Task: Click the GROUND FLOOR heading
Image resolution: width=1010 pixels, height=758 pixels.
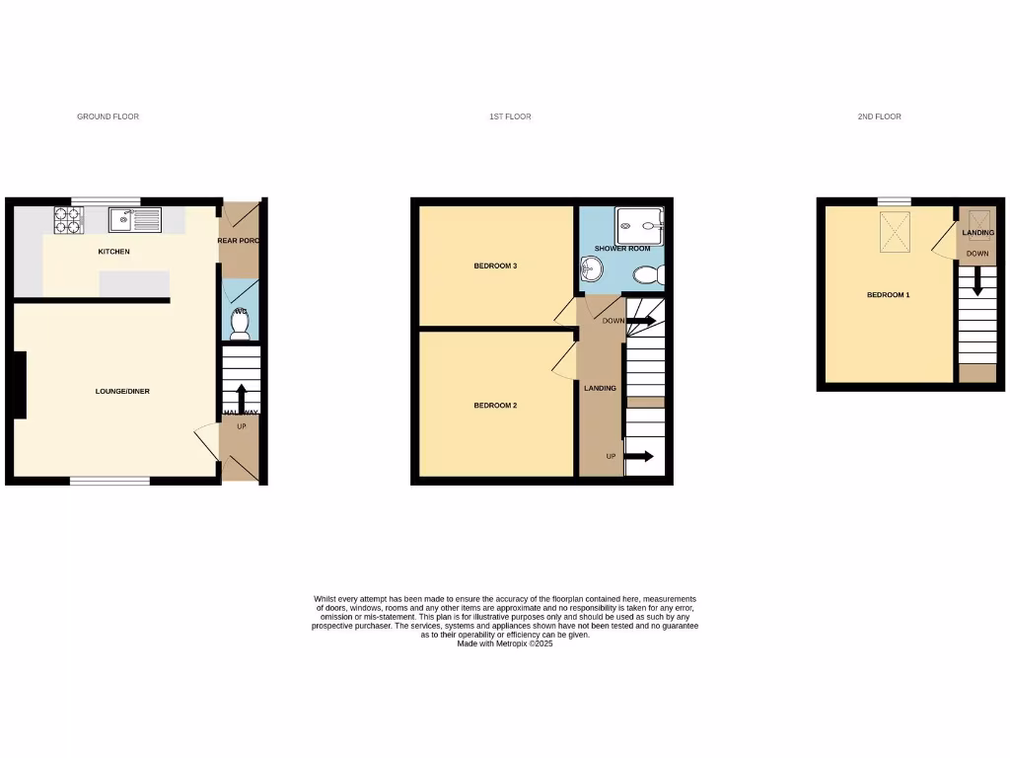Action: pos(108,116)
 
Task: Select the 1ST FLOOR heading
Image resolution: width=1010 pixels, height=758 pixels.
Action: pos(510,116)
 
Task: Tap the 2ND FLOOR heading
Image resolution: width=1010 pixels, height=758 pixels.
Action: pos(879,116)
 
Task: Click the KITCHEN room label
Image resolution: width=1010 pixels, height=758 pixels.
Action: pos(113,252)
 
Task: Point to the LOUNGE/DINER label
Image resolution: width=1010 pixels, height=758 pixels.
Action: pos(122,392)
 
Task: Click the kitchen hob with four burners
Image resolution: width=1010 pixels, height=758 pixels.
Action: pos(69,220)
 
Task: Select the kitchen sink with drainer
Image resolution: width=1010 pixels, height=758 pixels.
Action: pos(136,220)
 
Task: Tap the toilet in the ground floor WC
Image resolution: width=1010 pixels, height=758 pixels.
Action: pos(240,322)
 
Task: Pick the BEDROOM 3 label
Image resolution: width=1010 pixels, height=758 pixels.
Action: pos(496,265)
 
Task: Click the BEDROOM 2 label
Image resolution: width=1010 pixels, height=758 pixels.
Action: pos(496,406)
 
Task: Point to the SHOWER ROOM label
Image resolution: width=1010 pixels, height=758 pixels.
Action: pos(622,249)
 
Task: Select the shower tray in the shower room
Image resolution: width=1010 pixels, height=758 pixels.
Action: pos(639,225)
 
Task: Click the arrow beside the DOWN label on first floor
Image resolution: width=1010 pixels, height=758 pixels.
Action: pos(641,321)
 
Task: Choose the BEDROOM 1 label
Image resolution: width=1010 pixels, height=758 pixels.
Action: pos(888,295)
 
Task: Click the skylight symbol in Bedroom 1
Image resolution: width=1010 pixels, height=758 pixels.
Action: pos(893,233)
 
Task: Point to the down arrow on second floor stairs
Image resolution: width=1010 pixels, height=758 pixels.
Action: pos(977,281)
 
